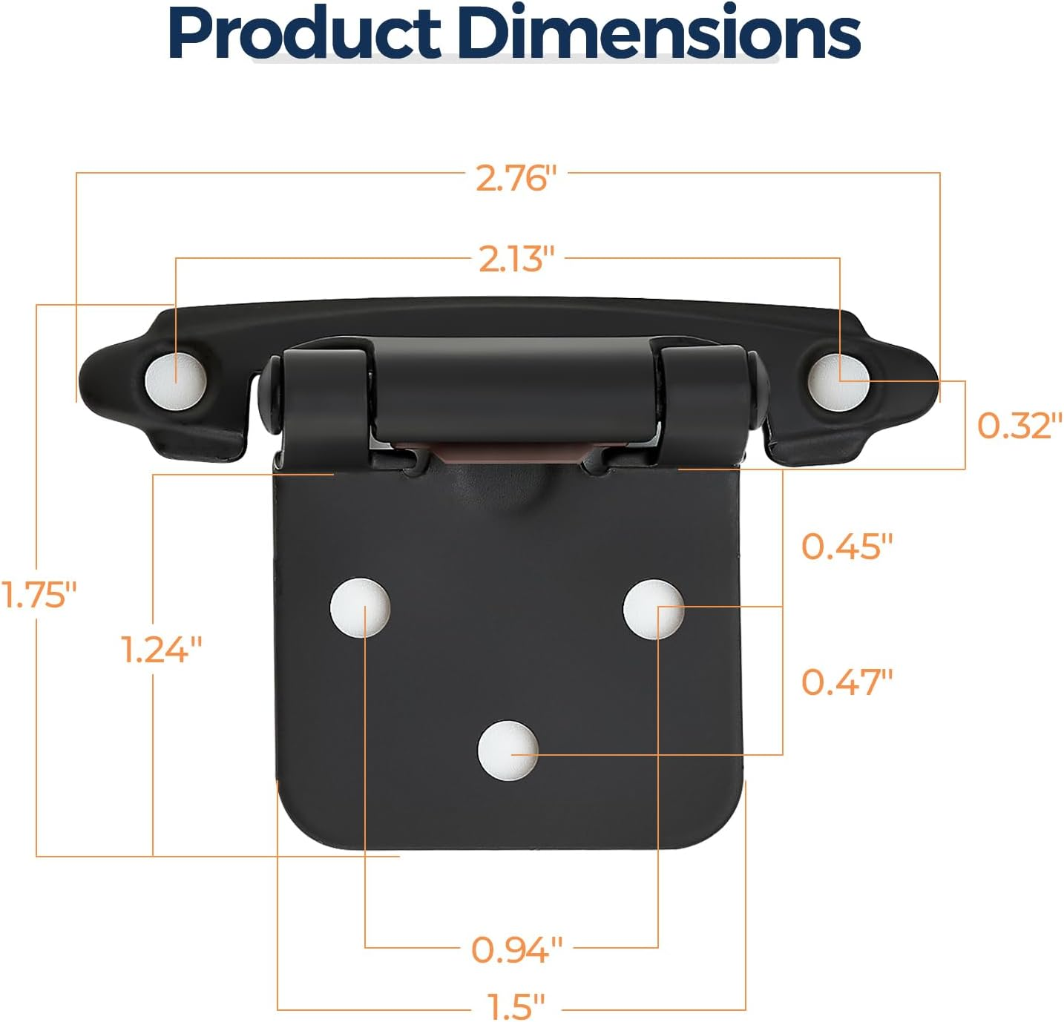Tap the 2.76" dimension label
(516, 178)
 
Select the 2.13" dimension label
(516, 260)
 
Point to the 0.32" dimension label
(1014, 426)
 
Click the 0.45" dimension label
(847, 547)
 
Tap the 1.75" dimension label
(39, 595)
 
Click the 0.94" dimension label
(516, 949)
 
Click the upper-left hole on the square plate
(360, 606)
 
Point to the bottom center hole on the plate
(508, 750)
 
